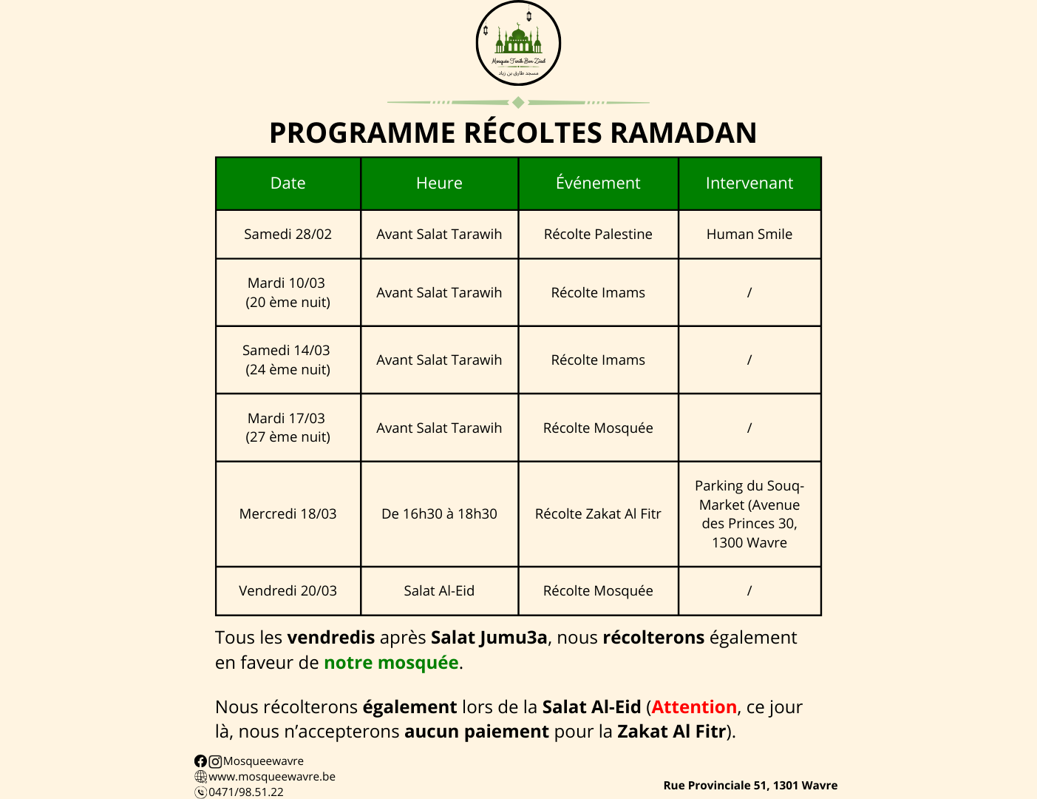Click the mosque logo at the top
pos(518,44)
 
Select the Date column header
pos(288,183)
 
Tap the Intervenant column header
pos(749,183)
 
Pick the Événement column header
pos(598,183)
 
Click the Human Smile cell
pos(749,235)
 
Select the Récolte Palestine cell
pos(598,235)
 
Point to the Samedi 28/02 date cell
pos(288,235)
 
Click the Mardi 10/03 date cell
pos(288,292)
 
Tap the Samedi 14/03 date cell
pos(288,360)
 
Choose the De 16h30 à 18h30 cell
pos(439,514)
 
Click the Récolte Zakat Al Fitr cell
pos(598,514)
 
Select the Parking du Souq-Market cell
pos(749,514)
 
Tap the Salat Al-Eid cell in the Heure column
pos(439,591)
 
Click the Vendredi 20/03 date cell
pos(288,591)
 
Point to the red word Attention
pos(694,707)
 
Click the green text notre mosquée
pos(391,663)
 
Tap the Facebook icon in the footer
pos(200,761)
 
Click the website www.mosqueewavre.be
pos(271,777)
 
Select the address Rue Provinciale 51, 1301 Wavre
pos(750,786)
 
